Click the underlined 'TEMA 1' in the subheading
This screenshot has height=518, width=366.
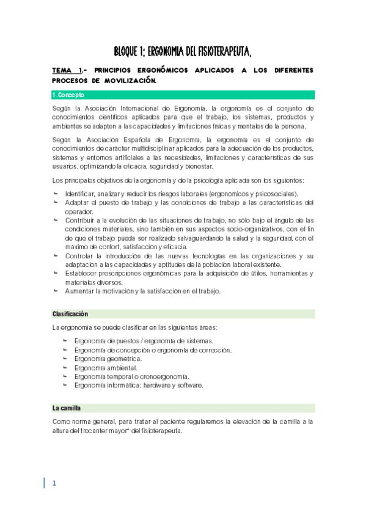(x=67, y=70)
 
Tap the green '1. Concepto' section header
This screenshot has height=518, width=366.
(x=69, y=95)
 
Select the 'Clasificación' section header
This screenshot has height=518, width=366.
(x=70, y=313)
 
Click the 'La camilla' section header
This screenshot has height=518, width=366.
(x=67, y=407)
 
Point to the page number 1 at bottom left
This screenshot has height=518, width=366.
(x=54, y=483)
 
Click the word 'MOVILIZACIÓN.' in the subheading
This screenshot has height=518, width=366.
(x=131, y=81)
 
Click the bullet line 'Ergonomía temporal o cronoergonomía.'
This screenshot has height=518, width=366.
(x=131, y=376)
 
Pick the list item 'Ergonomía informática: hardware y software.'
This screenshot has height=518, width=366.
(x=139, y=385)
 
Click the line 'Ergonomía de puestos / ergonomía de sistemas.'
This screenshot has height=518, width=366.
(x=144, y=340)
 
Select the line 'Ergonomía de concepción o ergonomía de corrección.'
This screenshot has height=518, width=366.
(x=153, y=349)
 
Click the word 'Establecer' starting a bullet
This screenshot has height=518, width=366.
(x=81, y=273)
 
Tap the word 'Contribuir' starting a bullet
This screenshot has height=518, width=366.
(x=81, y=220)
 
